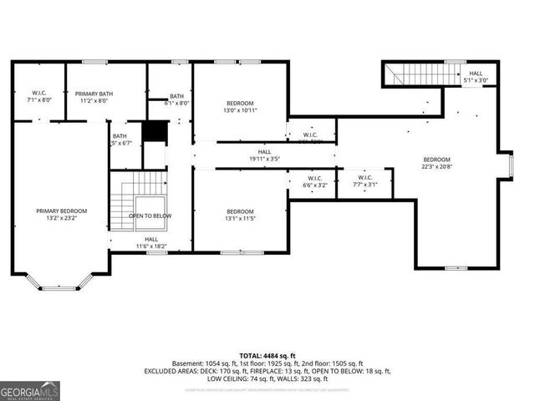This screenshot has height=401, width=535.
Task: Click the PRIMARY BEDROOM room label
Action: [61, 215]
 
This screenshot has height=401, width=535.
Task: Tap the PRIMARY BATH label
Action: [94, 97]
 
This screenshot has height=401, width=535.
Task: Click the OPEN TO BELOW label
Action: [150, 216]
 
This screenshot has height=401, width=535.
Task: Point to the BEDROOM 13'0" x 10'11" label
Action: [240, 107]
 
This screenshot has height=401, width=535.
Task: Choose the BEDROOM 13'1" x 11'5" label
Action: [240, 215]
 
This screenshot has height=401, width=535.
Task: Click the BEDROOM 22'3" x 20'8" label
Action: [436, 164]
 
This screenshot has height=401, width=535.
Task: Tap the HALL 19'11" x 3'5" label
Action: [264, 155]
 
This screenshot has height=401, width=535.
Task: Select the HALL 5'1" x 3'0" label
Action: [475, 77]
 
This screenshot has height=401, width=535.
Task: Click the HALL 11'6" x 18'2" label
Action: [151, 242]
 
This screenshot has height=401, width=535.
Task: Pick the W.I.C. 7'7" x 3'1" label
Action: [365, 181]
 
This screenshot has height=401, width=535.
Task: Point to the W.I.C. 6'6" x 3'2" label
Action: [314, 181]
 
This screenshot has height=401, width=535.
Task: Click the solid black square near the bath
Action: [153, 132]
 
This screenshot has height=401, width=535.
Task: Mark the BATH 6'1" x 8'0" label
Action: [177, 99]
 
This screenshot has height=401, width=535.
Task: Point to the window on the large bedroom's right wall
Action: [508, 165]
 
